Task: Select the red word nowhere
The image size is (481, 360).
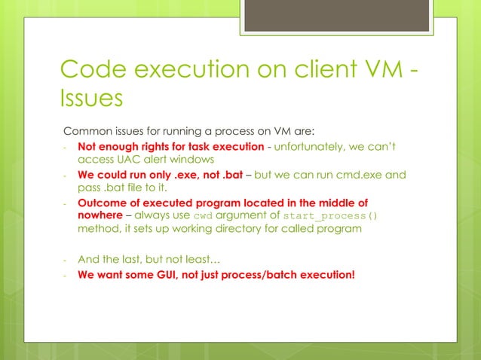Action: point(101,216)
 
